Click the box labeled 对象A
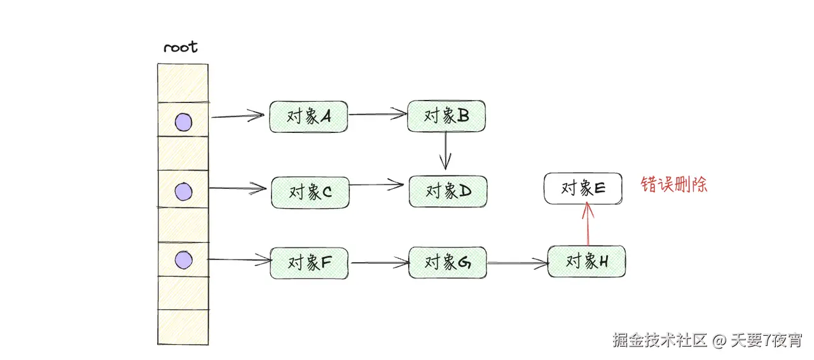(x=308, y=116)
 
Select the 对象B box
(x=446, y=116)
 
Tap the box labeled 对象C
(x=310, y=191)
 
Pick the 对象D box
(x=448, y=191)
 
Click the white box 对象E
(x=583, y=188)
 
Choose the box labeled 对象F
(x=309, y=263)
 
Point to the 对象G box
(x=447, y=262)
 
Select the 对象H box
(x=586, y=261)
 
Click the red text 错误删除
(x=674, y=185)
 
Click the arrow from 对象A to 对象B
(x=378, y=115)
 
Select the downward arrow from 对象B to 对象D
(x=447, y=151)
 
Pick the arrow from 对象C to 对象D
(x=376, y=186)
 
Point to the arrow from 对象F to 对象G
(x=378, y=262)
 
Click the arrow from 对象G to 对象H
(x=517, y=263)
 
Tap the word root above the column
(x=181, y=48)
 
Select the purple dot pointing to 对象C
(x=183, y=191)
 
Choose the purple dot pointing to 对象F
(x=183, y=260)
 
